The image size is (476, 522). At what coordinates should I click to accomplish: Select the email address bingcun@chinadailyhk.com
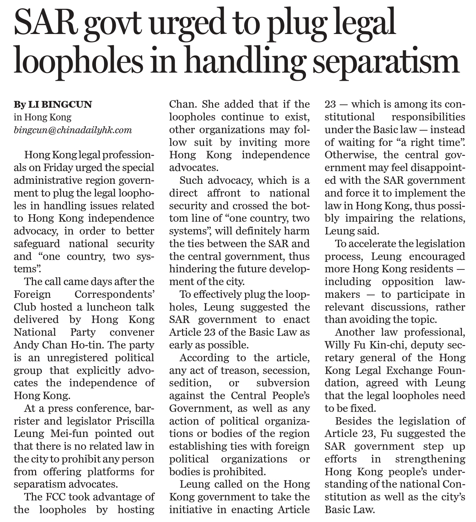pos(73,130)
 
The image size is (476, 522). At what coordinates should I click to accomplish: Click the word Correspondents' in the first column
pos(115,294)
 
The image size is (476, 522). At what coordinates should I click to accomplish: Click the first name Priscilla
pos(135,421)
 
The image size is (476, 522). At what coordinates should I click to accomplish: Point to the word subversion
pos(283,383)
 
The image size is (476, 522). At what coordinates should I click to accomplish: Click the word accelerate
pos(371,244)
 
